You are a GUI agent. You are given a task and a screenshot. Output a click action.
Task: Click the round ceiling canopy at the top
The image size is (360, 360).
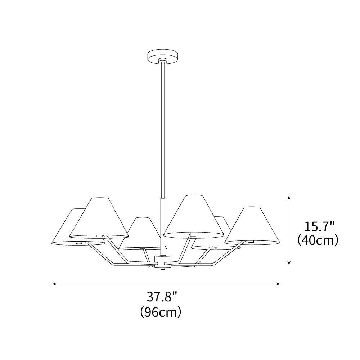coord(163,56)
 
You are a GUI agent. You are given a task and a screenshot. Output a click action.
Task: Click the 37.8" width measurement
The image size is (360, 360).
coord(162,297)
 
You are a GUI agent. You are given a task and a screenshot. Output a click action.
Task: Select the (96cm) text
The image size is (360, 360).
coord(161,312)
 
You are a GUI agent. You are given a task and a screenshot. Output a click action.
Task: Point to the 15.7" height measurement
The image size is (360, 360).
coord(319,227)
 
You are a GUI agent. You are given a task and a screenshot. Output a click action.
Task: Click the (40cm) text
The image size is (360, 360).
coord(318,240)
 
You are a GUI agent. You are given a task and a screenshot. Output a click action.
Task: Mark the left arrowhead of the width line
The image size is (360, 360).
coord(54,284)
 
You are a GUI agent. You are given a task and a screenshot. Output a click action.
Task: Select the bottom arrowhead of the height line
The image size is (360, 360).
coord(289,263)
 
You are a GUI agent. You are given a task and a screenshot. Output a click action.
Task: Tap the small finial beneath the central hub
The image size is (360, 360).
coord(163,268)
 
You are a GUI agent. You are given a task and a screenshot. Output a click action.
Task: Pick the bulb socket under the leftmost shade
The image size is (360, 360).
coord(78,243)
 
